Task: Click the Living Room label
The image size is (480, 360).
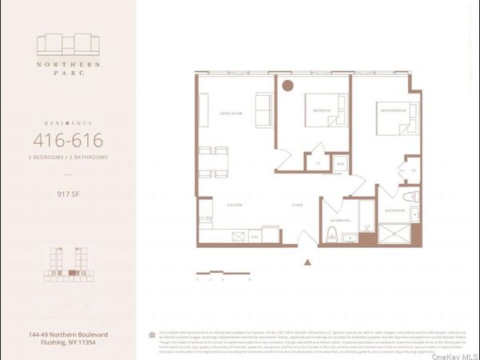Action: click(231, 114)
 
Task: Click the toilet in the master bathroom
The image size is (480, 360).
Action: click(410, 196)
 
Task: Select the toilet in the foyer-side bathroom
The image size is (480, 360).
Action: click(332, 234)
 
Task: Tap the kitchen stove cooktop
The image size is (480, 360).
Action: click(239, 235)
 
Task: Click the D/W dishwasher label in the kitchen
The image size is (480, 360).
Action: click(254, 237)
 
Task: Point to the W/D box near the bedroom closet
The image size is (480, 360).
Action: click(340, 163)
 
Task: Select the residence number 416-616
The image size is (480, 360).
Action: click(67, 141)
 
